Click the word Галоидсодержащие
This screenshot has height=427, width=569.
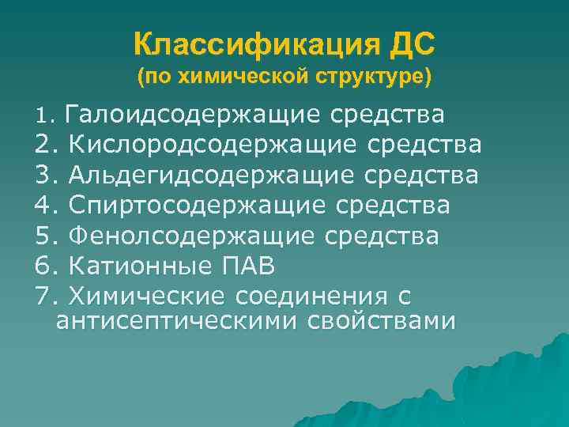click(193, 116)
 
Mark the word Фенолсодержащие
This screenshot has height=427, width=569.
click(188, 236)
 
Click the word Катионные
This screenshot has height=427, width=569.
click(138, 266)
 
